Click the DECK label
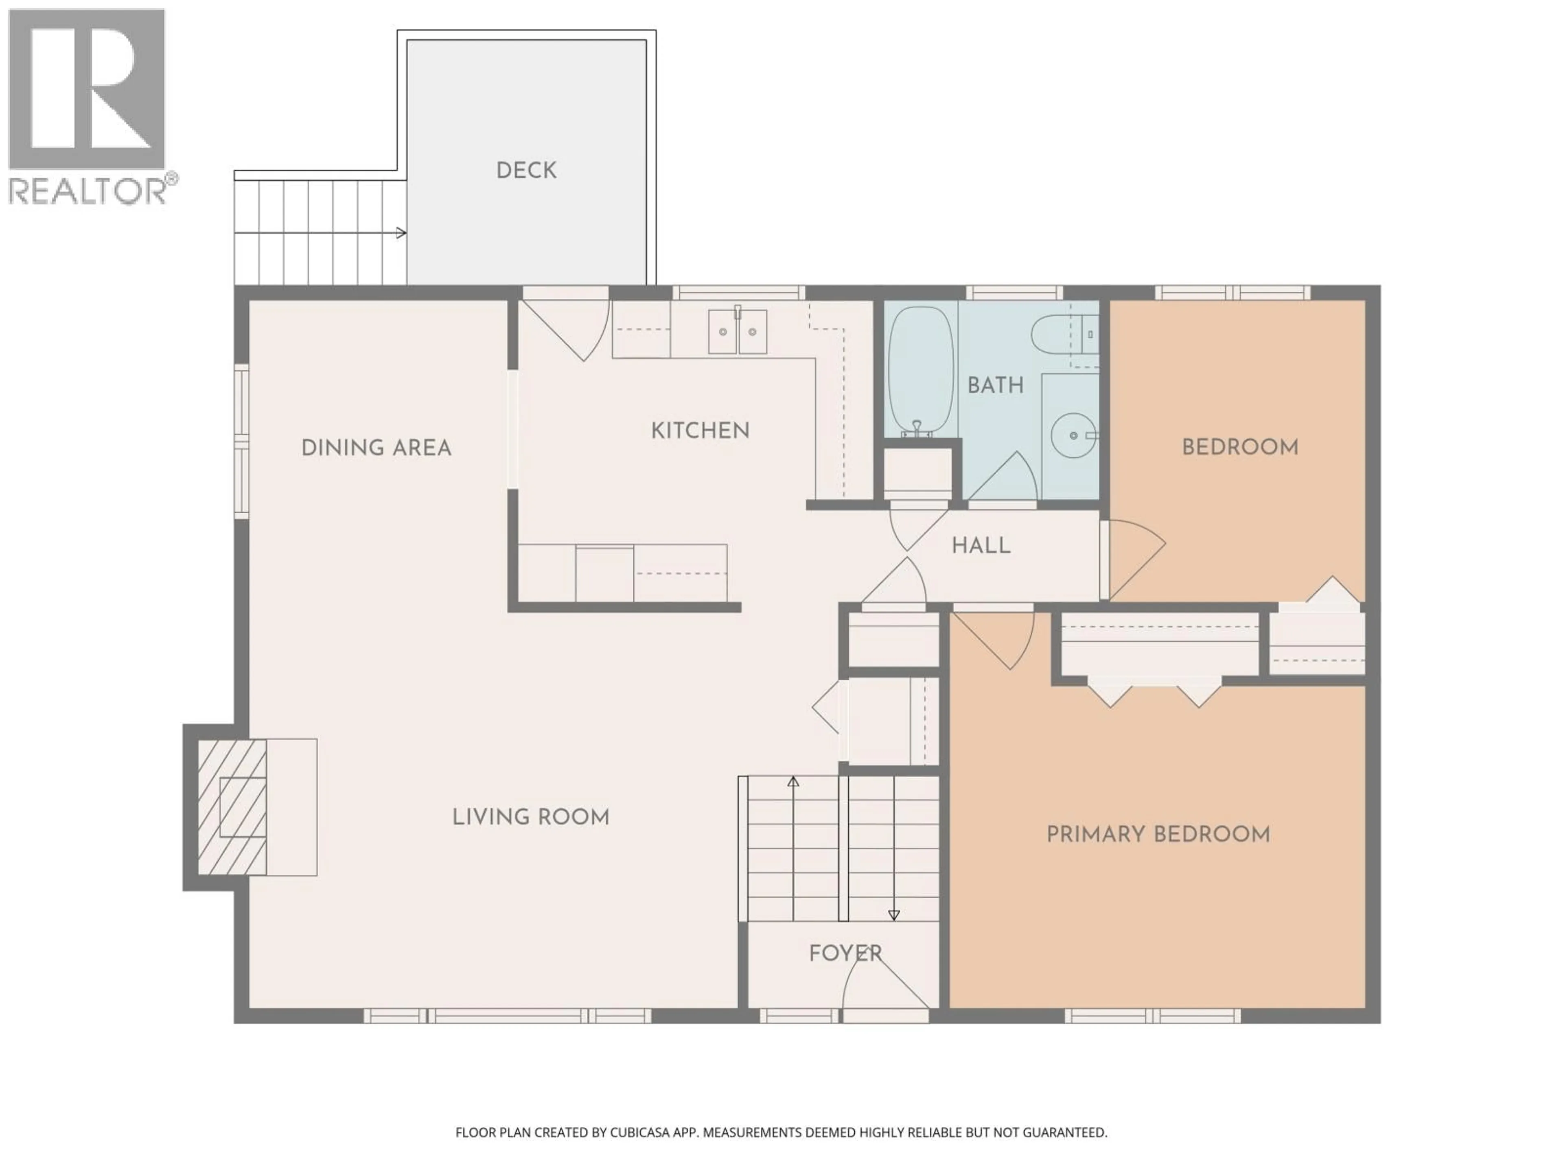pos(526,170)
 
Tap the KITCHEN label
pos(700,430)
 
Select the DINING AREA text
pos(376,448)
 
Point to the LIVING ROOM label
pos(531,818)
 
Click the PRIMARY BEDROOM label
pos(1158,834)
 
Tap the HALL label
pos(981,545)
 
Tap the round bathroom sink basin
pos(1073,435)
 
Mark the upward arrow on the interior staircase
pos(793,782)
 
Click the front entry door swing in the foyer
pos(880,986)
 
